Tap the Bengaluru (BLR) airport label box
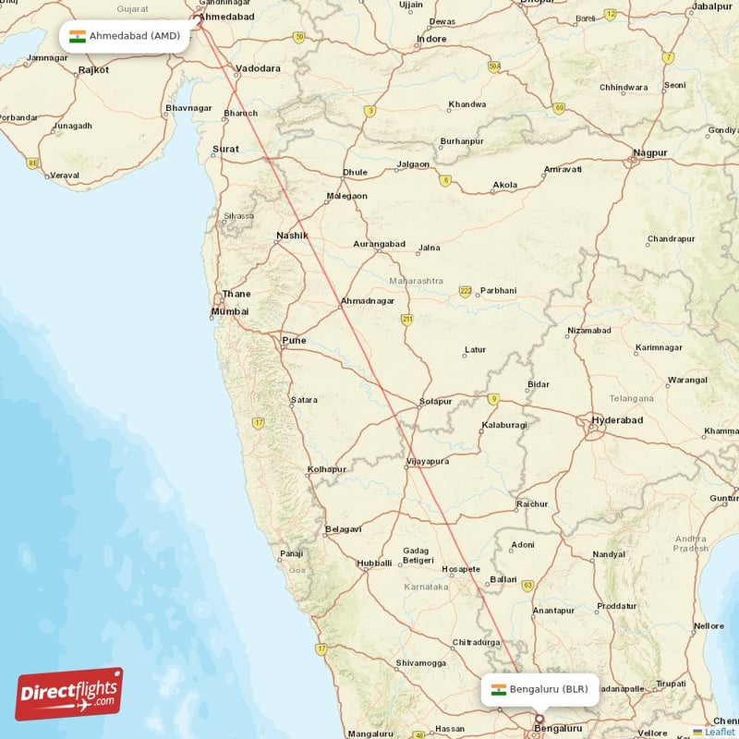point(540,689)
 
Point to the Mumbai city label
point(230,311)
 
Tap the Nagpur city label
point(650,152)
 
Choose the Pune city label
point(294,341)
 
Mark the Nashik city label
point(292,236)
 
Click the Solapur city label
point(435,401)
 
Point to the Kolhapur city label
point(327,469)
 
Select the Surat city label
point(225,149)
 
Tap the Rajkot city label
point(93,69)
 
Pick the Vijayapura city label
point(427,461)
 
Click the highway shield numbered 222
point(466,292)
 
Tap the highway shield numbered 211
point(406,320)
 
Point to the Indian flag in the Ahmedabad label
point(78,37)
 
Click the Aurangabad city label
point(379,244)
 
